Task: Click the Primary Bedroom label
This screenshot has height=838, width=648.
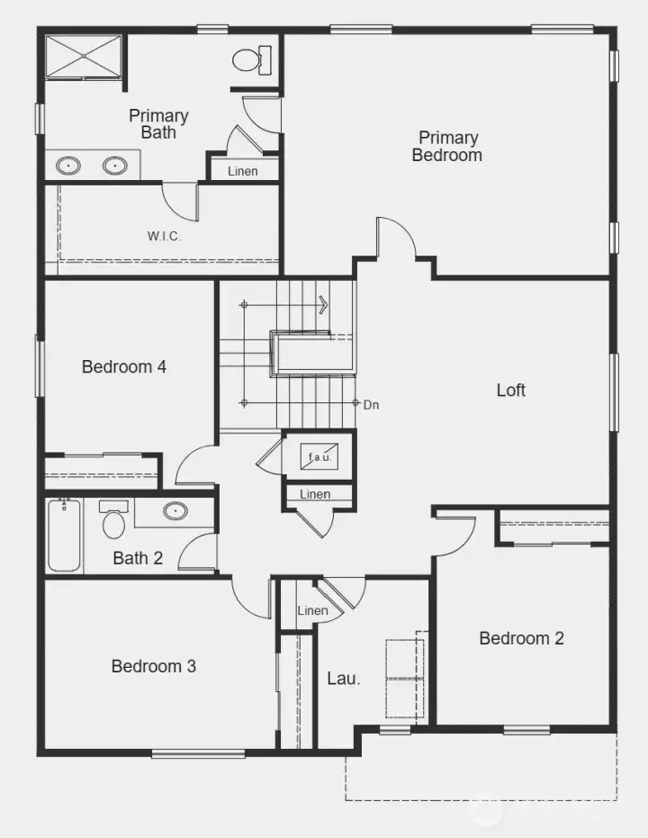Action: tap(446, 146)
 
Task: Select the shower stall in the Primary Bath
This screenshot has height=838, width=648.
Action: tap(83, 57)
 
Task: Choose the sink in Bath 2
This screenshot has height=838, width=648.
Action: tap(175, 511)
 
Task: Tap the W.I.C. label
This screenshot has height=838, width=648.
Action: tap(165, 236)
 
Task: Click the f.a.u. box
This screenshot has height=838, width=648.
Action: tap(319, 457)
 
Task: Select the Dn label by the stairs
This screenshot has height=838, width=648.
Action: tap(371, 405)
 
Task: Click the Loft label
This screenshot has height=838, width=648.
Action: tap(511, 390)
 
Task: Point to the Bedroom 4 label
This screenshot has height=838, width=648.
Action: tap(124, 366)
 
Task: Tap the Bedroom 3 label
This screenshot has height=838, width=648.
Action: tap(154, 666)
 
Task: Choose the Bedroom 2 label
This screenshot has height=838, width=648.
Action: tap(521, 638)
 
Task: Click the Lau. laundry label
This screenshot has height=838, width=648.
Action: tap(343, 678)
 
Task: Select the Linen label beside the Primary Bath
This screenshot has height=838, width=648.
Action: tap(242, 171)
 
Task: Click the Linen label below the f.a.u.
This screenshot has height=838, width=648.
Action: tap(315, 494)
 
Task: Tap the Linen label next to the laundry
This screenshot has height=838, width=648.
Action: tap(312, 611)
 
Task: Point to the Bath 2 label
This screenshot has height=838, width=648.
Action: tap(138, 558)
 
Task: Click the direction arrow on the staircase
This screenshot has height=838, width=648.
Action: tap(322, 305)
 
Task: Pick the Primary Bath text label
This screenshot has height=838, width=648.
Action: tap(158, 124)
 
